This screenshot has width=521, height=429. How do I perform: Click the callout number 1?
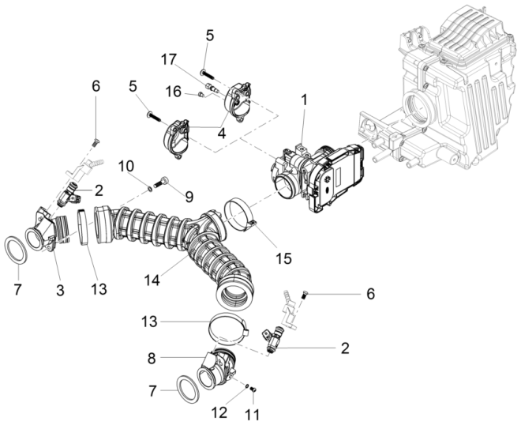point(305,100)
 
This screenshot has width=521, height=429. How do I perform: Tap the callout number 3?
point(59,269)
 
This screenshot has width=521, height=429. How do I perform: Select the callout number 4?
point(222,134)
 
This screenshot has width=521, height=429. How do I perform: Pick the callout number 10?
point(126,165)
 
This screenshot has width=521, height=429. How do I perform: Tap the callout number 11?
point(252,413)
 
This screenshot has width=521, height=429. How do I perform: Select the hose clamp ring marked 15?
point(240,217)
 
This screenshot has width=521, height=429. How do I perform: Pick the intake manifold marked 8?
point(218,371)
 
